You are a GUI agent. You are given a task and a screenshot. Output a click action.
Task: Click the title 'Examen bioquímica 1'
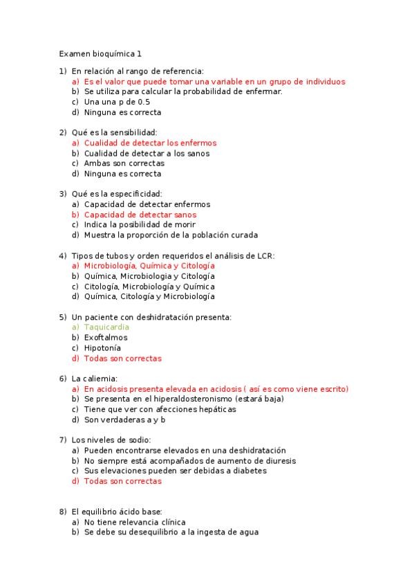[101, 53]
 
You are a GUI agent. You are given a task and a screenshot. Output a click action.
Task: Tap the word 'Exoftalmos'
[106, 338]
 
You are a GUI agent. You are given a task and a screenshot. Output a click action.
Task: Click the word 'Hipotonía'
[102, 348]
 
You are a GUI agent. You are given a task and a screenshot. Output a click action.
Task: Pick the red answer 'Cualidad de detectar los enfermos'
[150, 143]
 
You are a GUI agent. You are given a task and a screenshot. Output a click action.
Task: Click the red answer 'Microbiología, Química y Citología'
[149, 266]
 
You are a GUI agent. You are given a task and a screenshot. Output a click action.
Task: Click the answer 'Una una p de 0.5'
[117, 102]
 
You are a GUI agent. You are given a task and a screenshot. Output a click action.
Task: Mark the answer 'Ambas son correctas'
[124, 163]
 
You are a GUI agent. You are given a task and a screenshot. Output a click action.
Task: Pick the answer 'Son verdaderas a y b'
[125, 419]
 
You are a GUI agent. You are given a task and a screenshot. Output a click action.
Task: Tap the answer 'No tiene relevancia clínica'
[135, 522]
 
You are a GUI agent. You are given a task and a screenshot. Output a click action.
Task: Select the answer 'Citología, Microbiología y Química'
[149, 287]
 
